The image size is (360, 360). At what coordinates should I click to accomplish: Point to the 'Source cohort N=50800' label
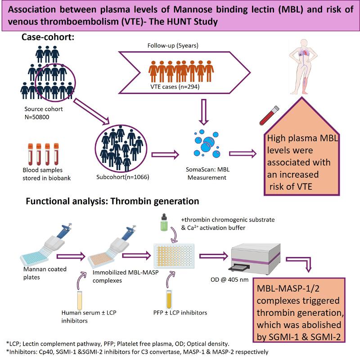coord(45,112)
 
